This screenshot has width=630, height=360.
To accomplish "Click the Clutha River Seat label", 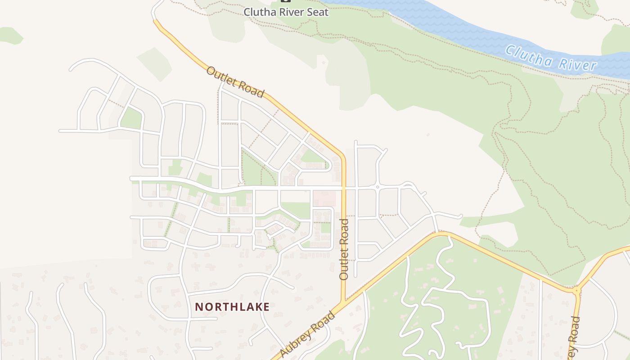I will (x=286, y=12).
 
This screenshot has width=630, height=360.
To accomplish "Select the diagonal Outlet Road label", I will (x=235, y=82).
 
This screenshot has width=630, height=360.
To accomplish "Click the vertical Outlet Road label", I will (x=344, y=249).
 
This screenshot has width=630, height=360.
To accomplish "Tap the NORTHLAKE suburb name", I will (x=232, y=307).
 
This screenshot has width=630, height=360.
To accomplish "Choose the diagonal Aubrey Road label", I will (x=308, y=335).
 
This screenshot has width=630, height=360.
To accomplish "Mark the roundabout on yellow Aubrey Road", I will (x=576, y=291).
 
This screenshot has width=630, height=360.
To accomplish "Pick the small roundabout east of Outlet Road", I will (x=378, y=186).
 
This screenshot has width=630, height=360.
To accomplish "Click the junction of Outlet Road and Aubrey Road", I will (x=344, y=302).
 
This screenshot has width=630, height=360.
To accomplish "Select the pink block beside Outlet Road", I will (x=324, y=198).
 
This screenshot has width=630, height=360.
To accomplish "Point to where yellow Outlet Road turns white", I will (x=154, y=20).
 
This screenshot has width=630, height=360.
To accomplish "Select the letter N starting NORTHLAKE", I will (x=198, y=307).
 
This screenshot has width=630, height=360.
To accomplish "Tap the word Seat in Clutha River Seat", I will (x=318, y=12).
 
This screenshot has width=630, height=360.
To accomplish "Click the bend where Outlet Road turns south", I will (x=343, y=157).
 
